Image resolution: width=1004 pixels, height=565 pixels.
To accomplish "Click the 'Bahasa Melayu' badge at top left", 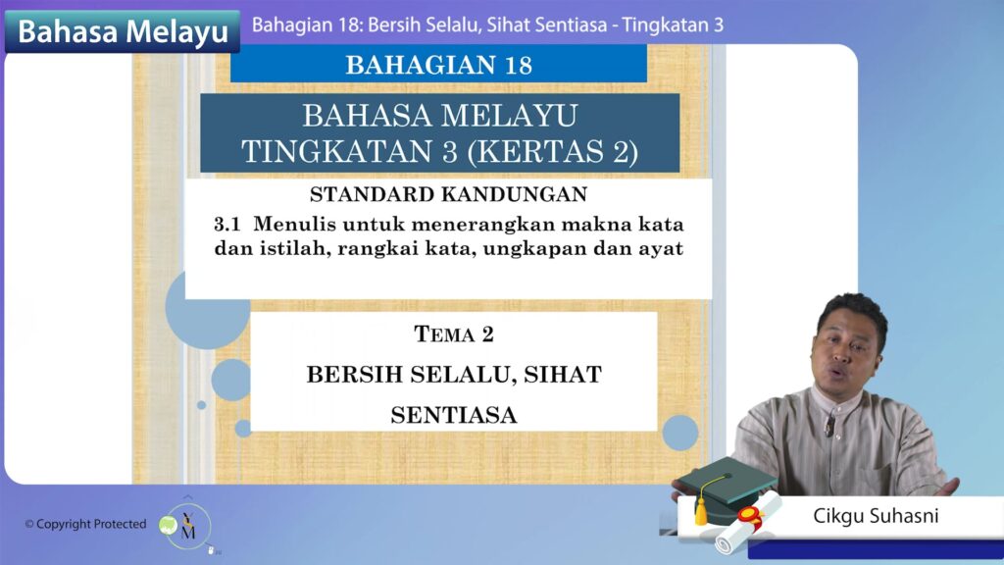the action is (x=122, y=31).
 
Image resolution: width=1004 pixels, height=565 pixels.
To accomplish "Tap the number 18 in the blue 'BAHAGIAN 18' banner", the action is (x=519, y=66).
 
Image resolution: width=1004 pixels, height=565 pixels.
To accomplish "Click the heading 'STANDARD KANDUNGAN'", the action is (x=448, y=194).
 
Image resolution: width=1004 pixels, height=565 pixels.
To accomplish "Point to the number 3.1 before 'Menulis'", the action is (x=227, y=225).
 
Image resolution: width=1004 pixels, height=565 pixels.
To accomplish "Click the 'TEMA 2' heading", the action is (x=454, y=334).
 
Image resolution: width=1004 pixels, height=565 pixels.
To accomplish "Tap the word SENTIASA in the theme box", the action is (x=454, y=415).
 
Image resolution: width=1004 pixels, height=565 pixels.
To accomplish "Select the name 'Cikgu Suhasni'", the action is (x=876, y=516).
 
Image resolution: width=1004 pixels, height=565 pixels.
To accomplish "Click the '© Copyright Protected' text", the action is (x=85, y=524).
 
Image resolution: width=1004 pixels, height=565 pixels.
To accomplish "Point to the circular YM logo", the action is (x=186, y=527).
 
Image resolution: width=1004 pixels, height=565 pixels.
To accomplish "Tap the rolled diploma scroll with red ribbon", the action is (x=748, y=522).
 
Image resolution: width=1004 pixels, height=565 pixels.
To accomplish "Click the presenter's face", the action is (x=846, y=352).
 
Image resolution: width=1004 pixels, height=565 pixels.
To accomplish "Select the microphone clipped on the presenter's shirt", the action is (x=829, y=424).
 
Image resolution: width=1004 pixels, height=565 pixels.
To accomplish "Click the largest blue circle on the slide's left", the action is (x=206, y=309).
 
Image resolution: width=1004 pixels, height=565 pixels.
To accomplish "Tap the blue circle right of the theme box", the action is (x=680, y=433).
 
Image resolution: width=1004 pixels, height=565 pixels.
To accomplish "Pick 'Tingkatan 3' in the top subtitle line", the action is (x=673, y=25).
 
